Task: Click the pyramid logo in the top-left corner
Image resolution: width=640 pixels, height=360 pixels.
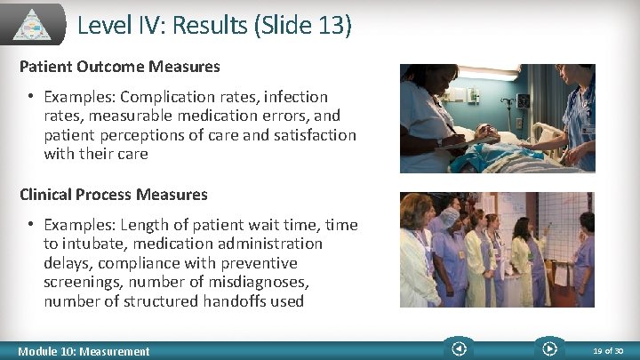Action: [x=33, y=23]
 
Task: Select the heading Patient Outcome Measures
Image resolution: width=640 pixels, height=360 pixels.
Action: [x=120, y=67]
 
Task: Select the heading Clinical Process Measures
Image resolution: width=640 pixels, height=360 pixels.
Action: [x=114, y=195]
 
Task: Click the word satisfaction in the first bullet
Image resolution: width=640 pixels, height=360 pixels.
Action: [x=316, y=135]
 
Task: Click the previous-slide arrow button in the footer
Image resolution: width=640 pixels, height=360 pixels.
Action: [x=459, y=349]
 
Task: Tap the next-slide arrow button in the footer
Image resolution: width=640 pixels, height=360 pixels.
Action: [x=548, y=349]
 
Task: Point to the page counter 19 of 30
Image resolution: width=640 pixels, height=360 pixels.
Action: [x=609, y=351]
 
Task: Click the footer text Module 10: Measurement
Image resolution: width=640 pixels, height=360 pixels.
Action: [x=84, y=351]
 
